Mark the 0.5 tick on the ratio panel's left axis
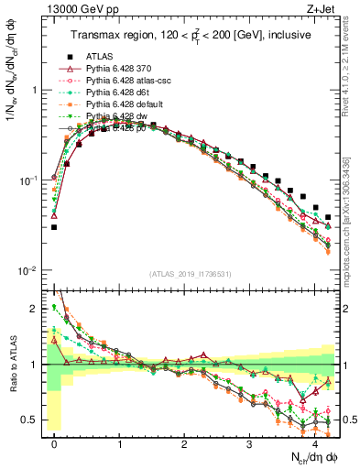pyautogui.click(x=32, y=420)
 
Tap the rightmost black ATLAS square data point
pyautogui.click(x=328, y=217)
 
